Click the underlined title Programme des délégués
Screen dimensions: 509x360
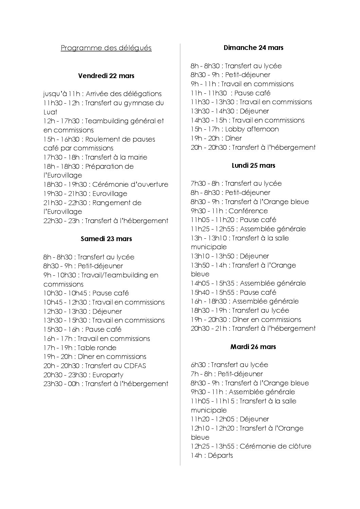coord(106,48)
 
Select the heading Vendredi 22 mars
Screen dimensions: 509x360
coord(106,76)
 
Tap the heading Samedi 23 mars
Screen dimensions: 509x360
coord(106,239)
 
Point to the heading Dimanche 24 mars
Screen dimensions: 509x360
coord(253,48)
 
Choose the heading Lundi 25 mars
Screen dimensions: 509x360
coord(253,165)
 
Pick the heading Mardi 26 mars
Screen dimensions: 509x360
coord(253,347)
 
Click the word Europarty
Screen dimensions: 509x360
coord(108,375)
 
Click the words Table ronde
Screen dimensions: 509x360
coord(97,348)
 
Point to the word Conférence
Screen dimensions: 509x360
coord(248,211)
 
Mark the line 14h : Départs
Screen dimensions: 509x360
coord(212,455)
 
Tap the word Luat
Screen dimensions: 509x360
coord(50,112)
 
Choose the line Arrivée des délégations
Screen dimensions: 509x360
coord(124,94)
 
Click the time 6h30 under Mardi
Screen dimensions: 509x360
coord(199,365)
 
